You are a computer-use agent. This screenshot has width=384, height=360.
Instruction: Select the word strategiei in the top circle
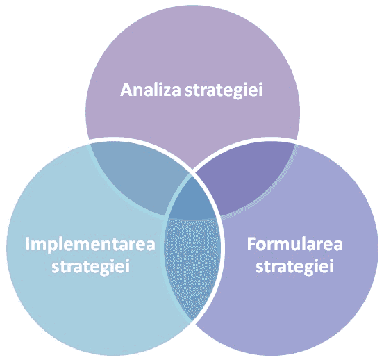(224, 90)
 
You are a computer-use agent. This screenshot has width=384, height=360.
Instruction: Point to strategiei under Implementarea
(90, 267)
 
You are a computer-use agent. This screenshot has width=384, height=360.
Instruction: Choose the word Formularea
(294, 245)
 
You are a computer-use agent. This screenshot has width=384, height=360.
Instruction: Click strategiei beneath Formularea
(294, 267)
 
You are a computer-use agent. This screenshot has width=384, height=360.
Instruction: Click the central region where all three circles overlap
(192, 199)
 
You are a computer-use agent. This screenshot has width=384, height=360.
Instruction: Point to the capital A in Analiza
(126, 90)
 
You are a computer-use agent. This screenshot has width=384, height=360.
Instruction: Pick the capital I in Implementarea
(28, 245)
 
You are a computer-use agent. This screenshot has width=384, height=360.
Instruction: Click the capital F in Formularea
(251, 245)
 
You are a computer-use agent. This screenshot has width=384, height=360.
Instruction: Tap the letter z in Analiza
(167, 92)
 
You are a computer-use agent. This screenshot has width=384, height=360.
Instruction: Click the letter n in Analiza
(139, 92)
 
